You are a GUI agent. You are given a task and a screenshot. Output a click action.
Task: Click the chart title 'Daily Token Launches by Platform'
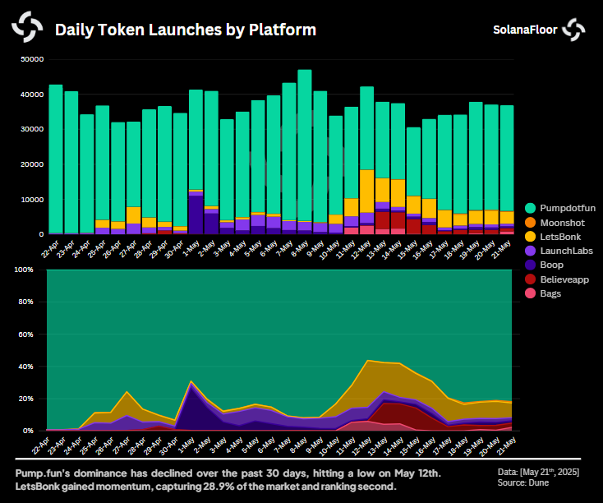[185, 30]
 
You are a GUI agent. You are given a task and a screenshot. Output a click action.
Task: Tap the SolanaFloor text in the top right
[525, 30]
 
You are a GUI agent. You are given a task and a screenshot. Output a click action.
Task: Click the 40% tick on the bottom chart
[24, 367]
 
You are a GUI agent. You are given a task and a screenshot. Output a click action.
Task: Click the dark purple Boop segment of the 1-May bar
[196, 215]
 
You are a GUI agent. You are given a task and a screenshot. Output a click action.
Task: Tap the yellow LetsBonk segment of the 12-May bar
[366, 192]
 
